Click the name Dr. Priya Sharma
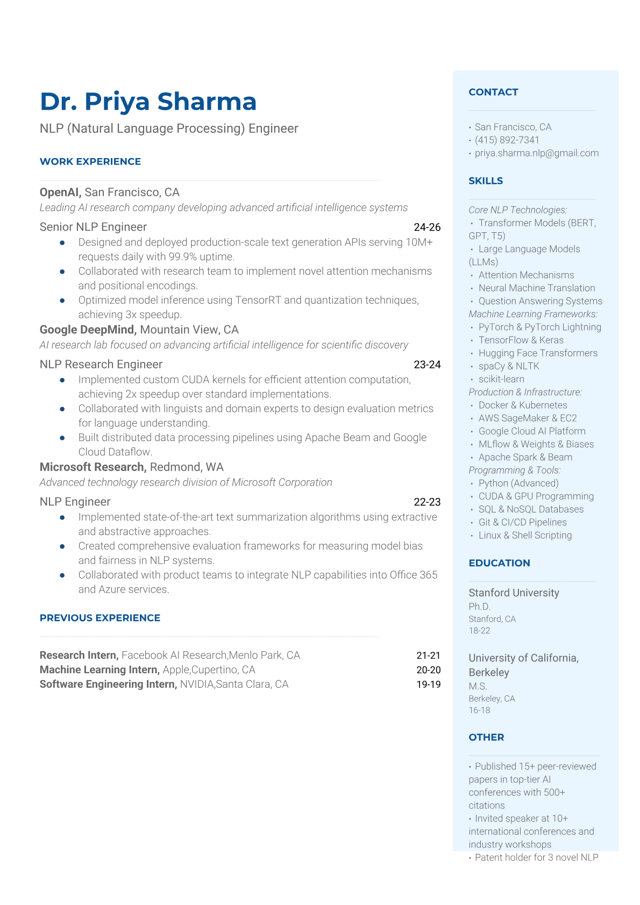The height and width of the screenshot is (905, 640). pyautogui.click(x=148, y=102)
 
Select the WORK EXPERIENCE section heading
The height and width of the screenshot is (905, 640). pyautogui.click(x=90, y=161)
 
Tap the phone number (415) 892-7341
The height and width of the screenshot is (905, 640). pyautogui.click(x=507, y=140)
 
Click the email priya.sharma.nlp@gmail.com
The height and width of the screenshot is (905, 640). pyautogui.click(x=536, y=153)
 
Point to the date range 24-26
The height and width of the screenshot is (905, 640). pyautogui.click(x=427, y=227)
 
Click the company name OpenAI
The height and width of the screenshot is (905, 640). pyautogui.click(x=60, y=192)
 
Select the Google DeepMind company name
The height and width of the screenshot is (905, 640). pyautogui.click(x=87, y=330)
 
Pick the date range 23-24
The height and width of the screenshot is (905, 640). pyautogui.click(x=427, y=365)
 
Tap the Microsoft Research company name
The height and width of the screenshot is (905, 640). pyautogui.click(x=93, y=467)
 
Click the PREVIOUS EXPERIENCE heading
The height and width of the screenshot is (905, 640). pyautogui.click(x=100, y=618)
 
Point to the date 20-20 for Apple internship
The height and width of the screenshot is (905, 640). pyautogui.click(x=428, y=670)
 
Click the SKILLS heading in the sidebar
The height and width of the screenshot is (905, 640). pyautogui.click(x=486, y=181)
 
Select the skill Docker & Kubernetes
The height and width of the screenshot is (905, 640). pyautogui.click(x=523, y=405)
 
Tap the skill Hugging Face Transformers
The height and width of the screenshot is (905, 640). pyautogui.click(x=538, y=353)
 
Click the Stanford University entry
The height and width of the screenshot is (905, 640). pyautogui.click(x=514, y=593)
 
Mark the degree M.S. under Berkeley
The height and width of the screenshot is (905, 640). pyautogui.click(x=478, y=686)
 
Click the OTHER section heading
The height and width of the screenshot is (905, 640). pyautogui.click(x=486, y=737)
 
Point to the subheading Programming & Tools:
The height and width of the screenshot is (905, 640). pyautogui.click(x=515, y=470)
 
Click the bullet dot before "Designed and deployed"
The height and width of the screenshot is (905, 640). pyautogui.click(x=62, y=243)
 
